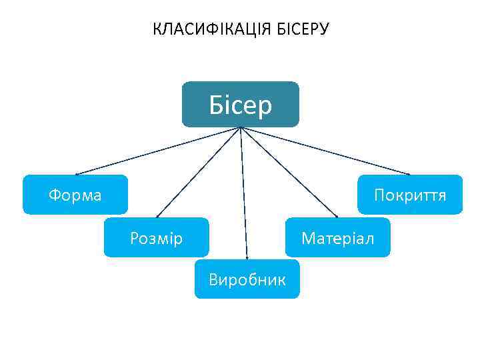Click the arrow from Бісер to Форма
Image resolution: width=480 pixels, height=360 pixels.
pyautogui.click(x=157, y=151)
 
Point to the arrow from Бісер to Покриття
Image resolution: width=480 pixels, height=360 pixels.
pyautogui.click(x=327, y=151)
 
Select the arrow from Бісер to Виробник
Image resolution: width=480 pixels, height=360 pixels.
pyautogui.click(x=244, y=193)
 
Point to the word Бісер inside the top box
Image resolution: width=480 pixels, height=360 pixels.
pyautogui.click(x=241, y=105)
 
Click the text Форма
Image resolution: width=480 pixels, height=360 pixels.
pyautogui.click(x=75, y=195)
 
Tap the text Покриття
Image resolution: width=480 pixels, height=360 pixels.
pyautogui.click(x=410, y=195)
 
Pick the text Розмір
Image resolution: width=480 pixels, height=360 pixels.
pyautogui.click(x=156, y=238)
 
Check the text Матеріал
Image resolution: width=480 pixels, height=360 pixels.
pyautogui.click(x=337, y=238)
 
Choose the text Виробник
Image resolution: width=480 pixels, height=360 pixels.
pyautogui.click(x=247, y=279)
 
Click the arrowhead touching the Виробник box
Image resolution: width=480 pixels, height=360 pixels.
pyautogui.click(x=247, y=257)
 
